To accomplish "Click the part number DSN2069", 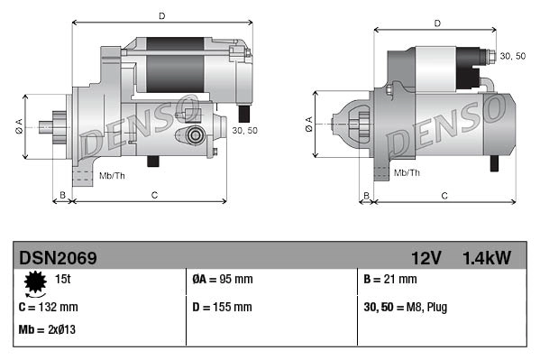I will (x=58, y=258).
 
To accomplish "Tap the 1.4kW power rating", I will (x=487, y=258).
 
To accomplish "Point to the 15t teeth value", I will (x=63, y=280).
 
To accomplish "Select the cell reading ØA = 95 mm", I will (x=223, y=280).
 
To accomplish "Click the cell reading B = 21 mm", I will (x=394, y=280).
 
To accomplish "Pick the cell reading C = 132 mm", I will (x=49, y=307).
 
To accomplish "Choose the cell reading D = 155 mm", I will (x=223, y=307).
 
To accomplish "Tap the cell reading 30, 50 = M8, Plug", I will (x=406, y=307).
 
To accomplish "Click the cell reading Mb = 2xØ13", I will (x=47, y=329).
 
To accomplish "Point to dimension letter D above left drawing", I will (x=161, y=16).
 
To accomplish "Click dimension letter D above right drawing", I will (x=436, y=23).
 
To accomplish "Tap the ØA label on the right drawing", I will (x=309, y=125).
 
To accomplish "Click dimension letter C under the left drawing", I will (x=155, y=195).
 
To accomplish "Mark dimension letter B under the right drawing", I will (x=366, y=195).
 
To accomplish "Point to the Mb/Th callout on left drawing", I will (x=112, y=174).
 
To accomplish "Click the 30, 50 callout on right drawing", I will (x=513, y=56).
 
